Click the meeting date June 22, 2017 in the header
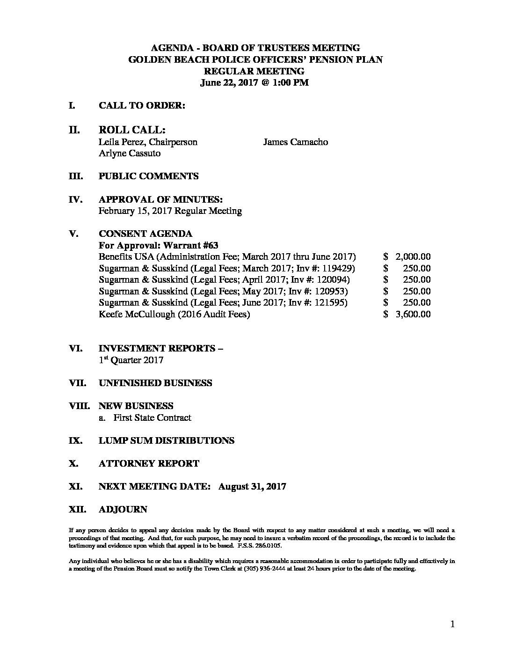click(227, 83)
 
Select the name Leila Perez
click(120, 142)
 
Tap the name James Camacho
click(295, 142)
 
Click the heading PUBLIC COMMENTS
click(148, 176)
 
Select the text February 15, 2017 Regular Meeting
click(170, 211)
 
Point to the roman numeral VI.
click(75, 348)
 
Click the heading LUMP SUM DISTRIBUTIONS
click(166, 440)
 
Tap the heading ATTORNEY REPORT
click(149, 463)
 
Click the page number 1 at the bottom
click(452, 624)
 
